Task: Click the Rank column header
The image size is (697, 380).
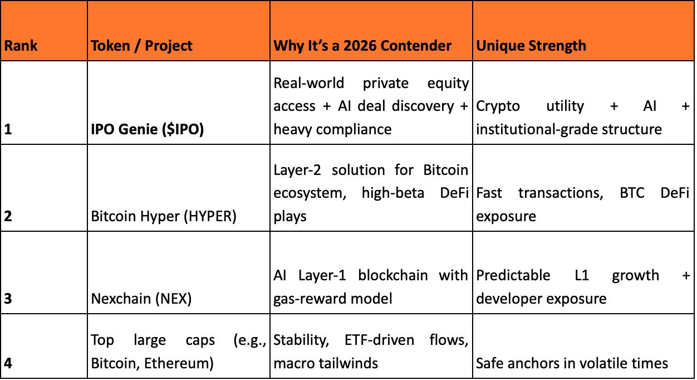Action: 21,45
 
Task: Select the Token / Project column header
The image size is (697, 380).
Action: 141,45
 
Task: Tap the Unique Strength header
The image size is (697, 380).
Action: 531,45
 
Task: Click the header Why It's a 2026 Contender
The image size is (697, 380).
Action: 362,45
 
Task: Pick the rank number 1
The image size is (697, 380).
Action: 8,129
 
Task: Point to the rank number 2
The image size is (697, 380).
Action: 8,216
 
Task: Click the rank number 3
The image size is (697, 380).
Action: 8,299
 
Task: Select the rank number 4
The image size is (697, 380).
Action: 8,363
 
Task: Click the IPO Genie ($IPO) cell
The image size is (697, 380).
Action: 148,129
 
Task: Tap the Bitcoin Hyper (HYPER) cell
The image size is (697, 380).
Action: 164,216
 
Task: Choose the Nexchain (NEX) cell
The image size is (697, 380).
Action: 141,299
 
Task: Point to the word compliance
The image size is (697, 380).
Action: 355,129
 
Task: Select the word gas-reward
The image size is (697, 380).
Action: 307,299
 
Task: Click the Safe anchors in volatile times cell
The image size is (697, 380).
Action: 572,363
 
